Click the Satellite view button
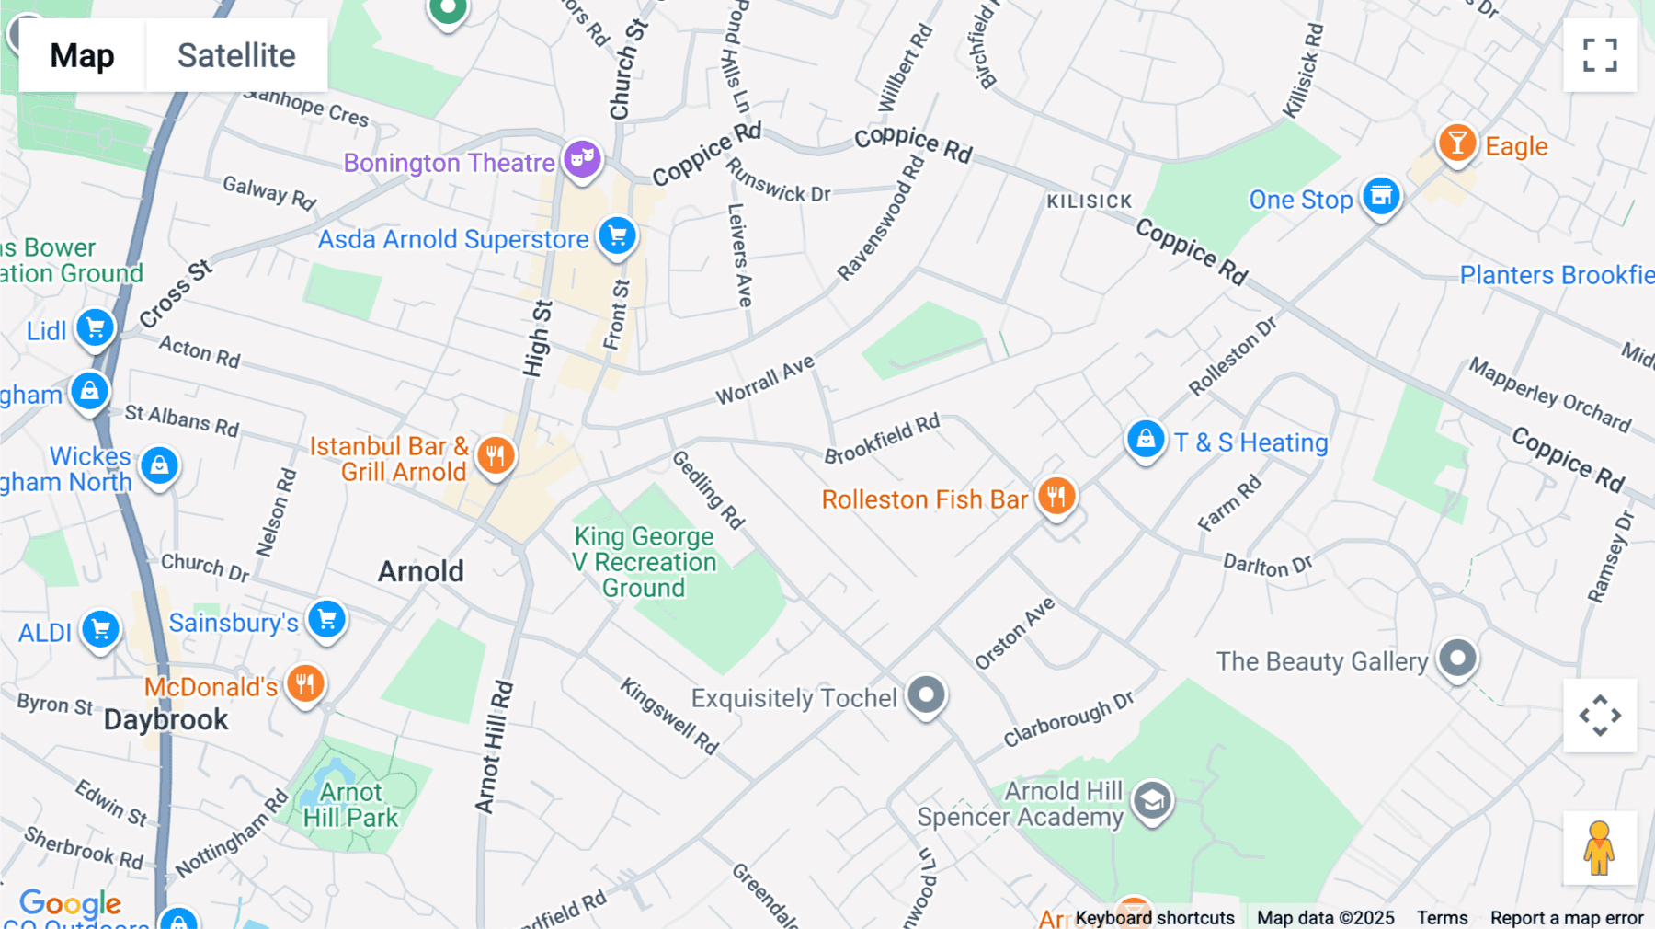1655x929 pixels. point(236,55)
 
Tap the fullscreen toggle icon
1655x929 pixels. point(1600,55)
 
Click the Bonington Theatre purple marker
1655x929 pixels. point(582,159)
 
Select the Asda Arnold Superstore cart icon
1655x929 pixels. point(617,236)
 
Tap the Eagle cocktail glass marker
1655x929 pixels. point(1456,143)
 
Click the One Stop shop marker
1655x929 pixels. point(1380,196)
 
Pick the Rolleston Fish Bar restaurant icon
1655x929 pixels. point(1056,497)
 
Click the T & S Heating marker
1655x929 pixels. point(1146,440)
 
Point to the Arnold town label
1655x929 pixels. point(421,571)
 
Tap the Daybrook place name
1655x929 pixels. point(165,719)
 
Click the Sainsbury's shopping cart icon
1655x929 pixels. point(326,619)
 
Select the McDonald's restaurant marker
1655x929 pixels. point(305,684)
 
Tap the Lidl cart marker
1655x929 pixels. point(95,327)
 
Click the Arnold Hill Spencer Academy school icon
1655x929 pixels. point(1151,801)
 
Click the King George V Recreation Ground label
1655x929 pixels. point(644,562)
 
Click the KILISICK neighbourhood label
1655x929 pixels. point(1090,201)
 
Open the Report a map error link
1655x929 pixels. point(1567,918)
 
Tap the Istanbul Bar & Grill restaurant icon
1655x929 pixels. point(495,454)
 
